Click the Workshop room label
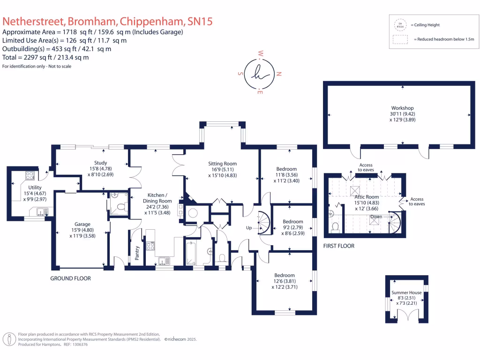[397, 108]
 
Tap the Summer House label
[406, 292]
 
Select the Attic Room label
[366, 197]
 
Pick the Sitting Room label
[221, 164]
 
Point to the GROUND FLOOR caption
[70, 278]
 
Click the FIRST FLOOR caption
[339, 246]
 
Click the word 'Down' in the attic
[375, 217]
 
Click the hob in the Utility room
[30, 176]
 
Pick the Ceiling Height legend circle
[399, 25]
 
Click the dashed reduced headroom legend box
[399, 40]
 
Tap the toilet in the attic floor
[335, 227]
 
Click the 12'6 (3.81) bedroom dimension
[285, 281]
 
